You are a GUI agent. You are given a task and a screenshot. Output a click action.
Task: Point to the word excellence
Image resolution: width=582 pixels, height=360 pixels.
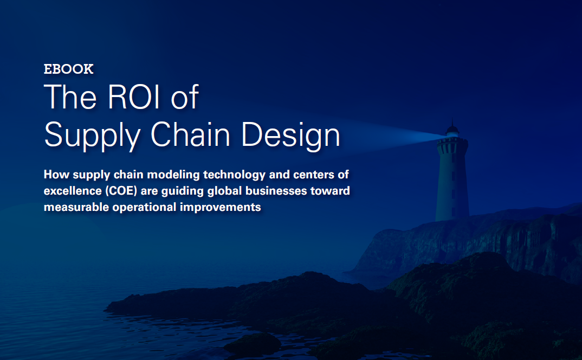coord(69,191)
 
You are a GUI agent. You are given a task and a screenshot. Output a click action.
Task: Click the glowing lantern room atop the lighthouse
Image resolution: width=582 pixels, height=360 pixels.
coord(451,131)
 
